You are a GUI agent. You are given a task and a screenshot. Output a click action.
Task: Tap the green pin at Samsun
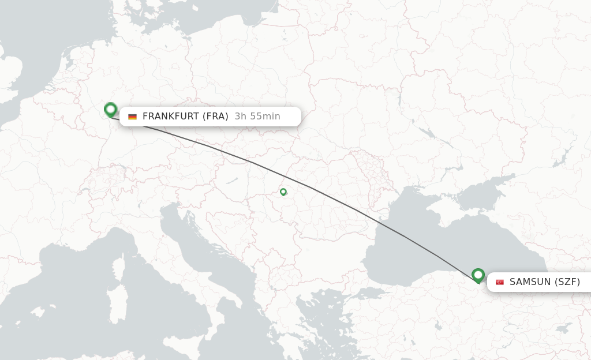(478, 275)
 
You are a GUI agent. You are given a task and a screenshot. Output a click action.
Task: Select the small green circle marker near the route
(283, 192)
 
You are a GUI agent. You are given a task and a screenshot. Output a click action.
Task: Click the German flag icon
(133, 117)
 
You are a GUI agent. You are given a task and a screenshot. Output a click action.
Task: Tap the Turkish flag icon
(500, 282)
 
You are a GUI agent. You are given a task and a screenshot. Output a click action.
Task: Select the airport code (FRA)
(216, 117)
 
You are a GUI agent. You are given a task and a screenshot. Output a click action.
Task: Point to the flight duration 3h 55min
(257, 117)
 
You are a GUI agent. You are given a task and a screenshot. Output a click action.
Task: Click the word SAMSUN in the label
(530, 282)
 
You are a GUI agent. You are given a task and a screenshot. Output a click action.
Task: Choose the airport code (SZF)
(567, 282)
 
